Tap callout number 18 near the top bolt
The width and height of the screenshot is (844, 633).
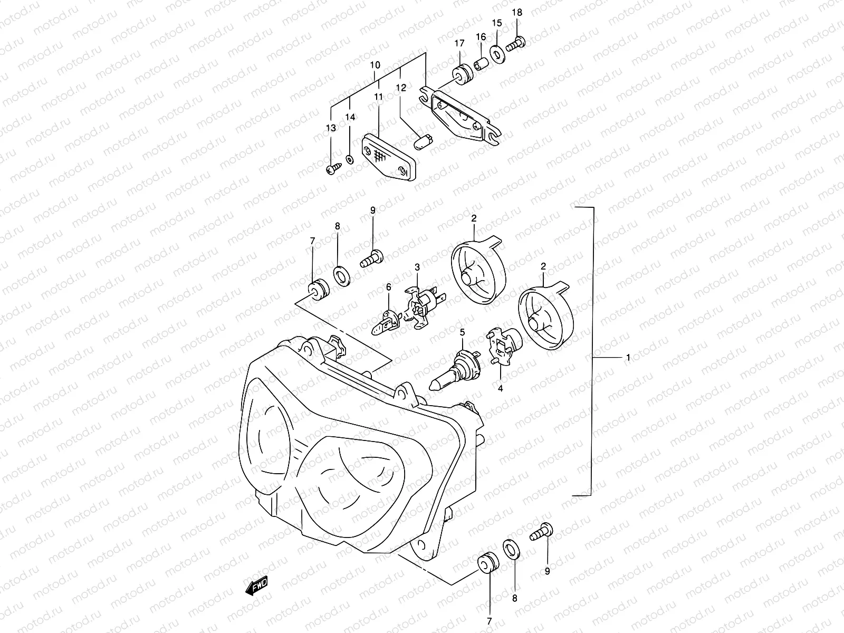517,12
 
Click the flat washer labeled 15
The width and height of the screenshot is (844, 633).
496,53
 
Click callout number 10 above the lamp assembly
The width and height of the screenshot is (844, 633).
375,65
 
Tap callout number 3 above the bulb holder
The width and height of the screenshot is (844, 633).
417,268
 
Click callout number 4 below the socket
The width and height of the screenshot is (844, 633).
500,388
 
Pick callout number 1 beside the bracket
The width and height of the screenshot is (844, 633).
628,358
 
